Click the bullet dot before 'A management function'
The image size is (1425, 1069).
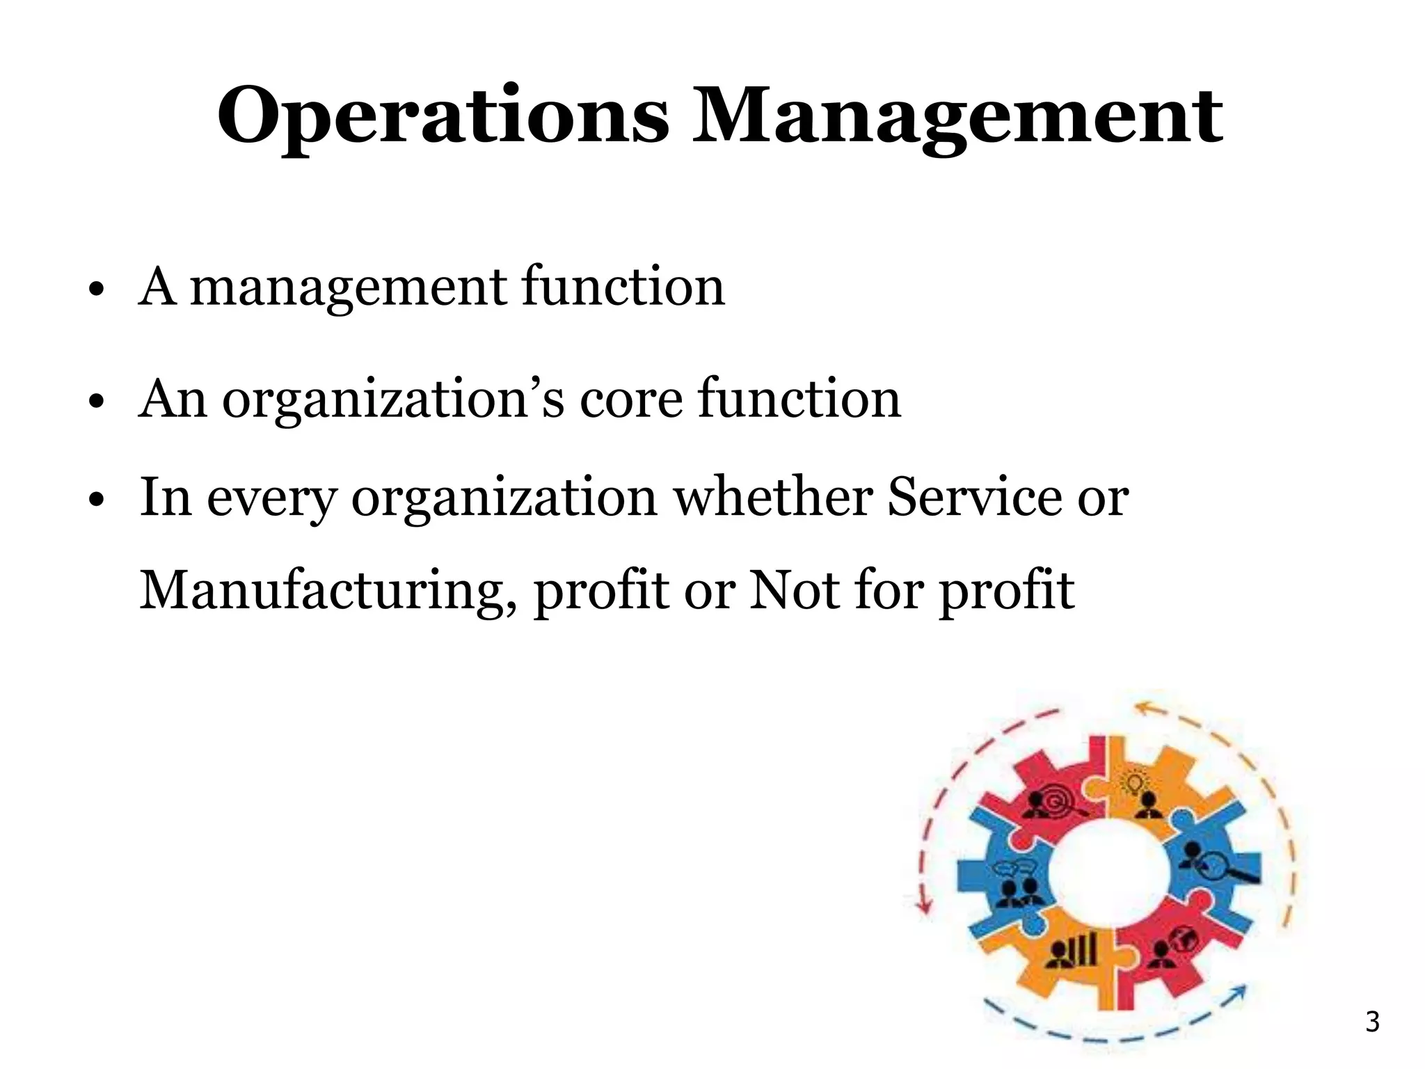coord(97,290)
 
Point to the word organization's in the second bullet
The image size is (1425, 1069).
coord(392,399)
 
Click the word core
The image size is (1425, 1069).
coord(631,399)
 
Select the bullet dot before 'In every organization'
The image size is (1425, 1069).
coord(97,500)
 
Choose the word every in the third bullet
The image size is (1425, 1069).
coord(271,498)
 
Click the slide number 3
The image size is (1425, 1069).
coord(1372,1022)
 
